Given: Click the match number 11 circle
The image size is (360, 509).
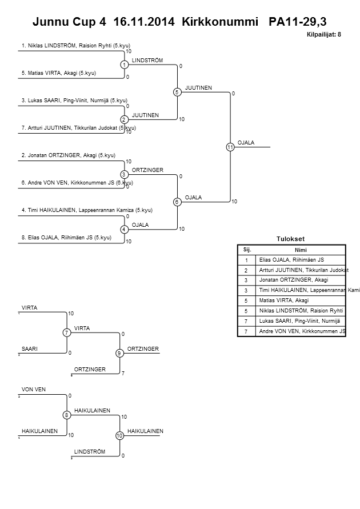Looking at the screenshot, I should click(x=230, y=147).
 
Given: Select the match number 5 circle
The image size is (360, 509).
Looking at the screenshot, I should click(x=177, y=92).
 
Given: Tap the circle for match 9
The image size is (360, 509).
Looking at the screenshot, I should click(x=119, y=353).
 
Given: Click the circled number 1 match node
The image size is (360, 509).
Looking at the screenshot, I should click(x=123, y=65).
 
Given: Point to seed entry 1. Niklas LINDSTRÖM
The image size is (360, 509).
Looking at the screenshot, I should click(x=79, y=45).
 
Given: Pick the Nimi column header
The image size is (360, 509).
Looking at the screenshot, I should click(x=301, y=250).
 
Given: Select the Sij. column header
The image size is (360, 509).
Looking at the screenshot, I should click(x=247, y=250).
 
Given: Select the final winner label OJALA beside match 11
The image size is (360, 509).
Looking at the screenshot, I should click(x=246, y=143).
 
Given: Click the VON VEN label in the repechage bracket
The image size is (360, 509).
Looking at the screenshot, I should click(x=34, y=390).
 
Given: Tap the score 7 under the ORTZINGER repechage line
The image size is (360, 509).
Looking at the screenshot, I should click(x=123, y=374).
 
